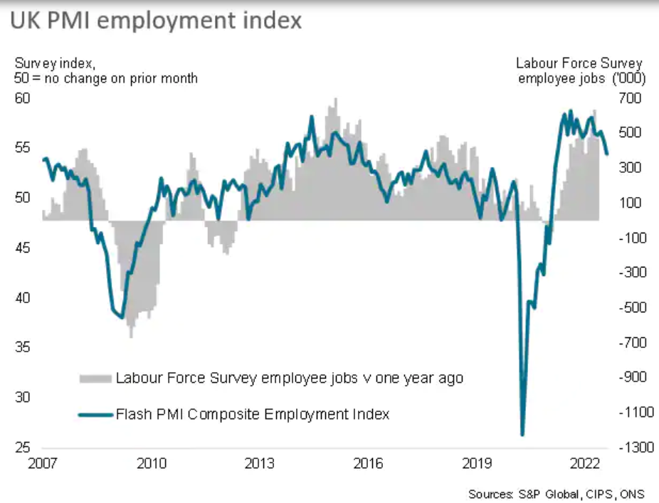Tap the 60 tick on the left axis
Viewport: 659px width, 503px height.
click(23, 97)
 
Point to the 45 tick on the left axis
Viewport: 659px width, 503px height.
click(23, 248)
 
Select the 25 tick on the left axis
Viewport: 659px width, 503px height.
click(23, 448)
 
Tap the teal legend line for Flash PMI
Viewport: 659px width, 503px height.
click(95, 414)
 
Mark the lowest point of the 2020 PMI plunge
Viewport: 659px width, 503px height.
click(522, 435)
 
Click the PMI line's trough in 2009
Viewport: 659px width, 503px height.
click(122, 317)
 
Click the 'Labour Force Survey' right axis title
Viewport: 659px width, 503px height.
click(579, 63)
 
